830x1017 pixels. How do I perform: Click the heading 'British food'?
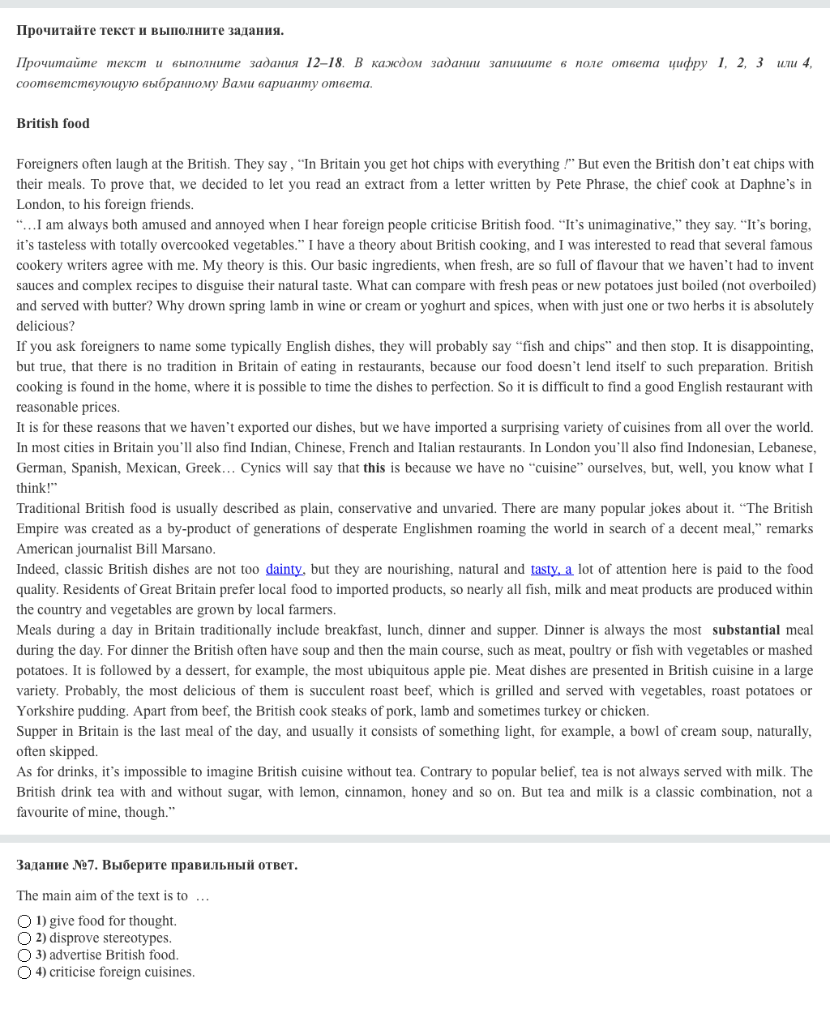click(53, 123)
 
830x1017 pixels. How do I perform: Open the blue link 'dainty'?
click(283, 569)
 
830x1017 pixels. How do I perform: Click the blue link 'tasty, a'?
click(551, 569)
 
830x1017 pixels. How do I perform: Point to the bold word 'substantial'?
click(746, 630)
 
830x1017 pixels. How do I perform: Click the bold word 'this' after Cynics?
click(374, 468)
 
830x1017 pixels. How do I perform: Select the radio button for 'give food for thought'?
click(24, 921)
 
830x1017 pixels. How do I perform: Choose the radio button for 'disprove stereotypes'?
click(24, 938)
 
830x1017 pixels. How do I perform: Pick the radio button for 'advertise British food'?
click(24, 955)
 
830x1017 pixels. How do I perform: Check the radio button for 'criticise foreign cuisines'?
click(24, 972)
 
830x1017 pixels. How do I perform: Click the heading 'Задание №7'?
click(156, 865)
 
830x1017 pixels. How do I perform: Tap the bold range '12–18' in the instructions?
click(324, 62)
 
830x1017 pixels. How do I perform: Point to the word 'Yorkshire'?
click(45, 711)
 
